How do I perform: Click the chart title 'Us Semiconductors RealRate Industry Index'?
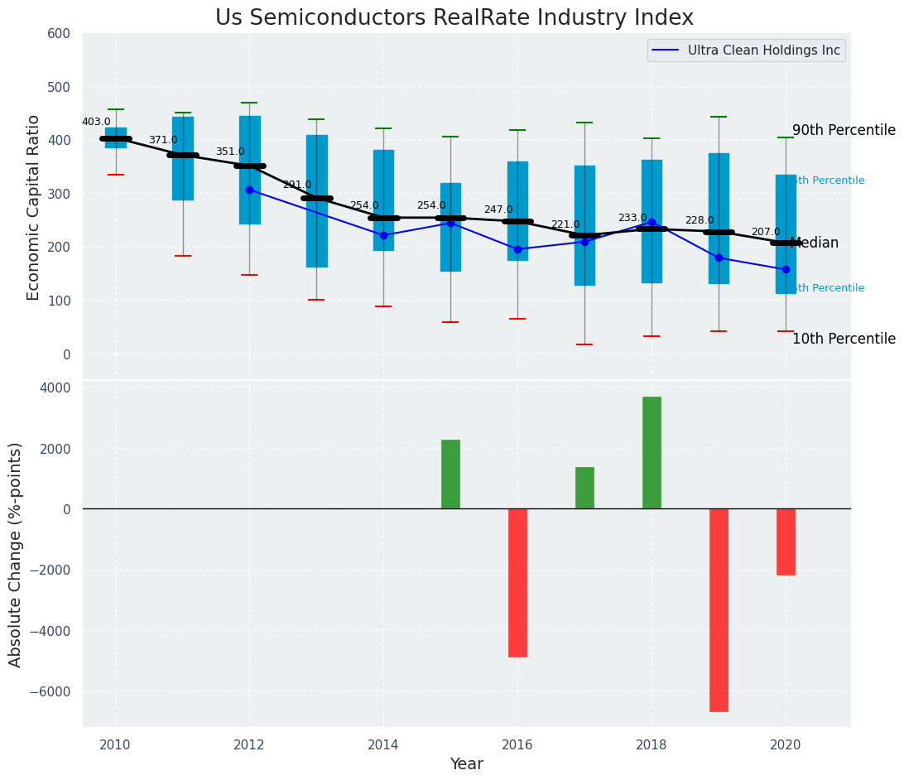tap(454, 18)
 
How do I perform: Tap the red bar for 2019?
tap(719, 610)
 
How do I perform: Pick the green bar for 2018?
tap(652, 453)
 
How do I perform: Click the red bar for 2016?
tap(517, 583)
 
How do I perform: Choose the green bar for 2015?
tap(450, 474)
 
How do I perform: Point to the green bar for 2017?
tap(584, 488)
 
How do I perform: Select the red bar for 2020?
tap(786, 542)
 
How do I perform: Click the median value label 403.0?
tap(96, 122)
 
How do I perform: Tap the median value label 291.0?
tap(297, 185)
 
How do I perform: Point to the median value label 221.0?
tap(565, 224)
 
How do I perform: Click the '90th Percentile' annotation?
tap(844, 130)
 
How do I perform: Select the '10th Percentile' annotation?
tap(844, 339)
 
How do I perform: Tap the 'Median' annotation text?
tap(815, 243)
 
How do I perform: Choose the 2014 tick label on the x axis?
tap(383, 744)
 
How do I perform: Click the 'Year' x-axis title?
tap(466, 764)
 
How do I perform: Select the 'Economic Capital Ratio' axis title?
tap(34, 207)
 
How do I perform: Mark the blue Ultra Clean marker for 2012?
tap(249, 190)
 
